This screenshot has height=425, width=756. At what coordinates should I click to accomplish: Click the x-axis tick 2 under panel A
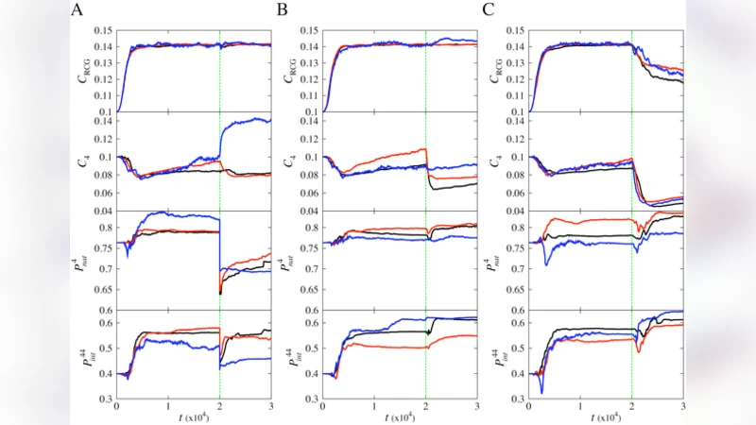pyautogui.click(x=219, y=407)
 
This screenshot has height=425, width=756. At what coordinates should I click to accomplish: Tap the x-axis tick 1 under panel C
pyautogui.click(x=580, y=407)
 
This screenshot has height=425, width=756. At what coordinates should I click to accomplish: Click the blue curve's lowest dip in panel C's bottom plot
pyautogui.click(x=541, y=392)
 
